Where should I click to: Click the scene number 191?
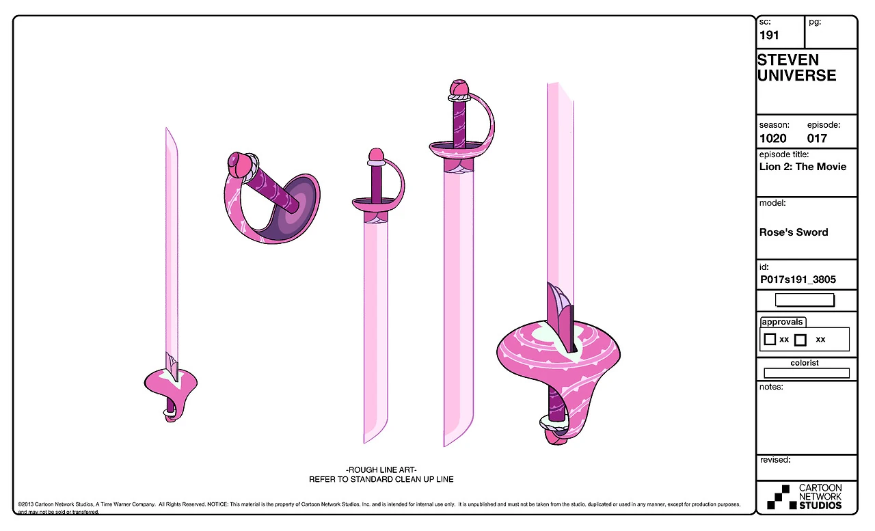769,36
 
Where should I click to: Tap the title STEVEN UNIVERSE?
796,68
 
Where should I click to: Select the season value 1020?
772,138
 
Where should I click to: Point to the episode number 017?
817,138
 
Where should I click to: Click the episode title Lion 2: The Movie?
803,167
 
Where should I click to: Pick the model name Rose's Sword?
793,232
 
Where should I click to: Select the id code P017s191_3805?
797,280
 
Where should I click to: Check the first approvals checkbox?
770,339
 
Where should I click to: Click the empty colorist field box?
806,373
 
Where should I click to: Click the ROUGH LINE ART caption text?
381,470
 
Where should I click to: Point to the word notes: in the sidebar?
771,387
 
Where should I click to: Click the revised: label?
775,460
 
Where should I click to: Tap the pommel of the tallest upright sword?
459,87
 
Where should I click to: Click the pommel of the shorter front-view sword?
375,155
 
